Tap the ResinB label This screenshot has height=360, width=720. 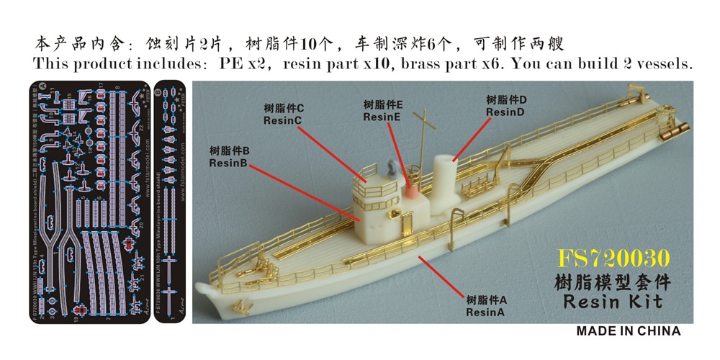click(x=229, y=163)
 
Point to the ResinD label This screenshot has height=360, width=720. click(x=506, y=112)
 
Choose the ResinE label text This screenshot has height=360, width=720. click(x=383, y=116)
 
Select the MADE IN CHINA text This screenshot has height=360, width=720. click(x=628, y=331)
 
